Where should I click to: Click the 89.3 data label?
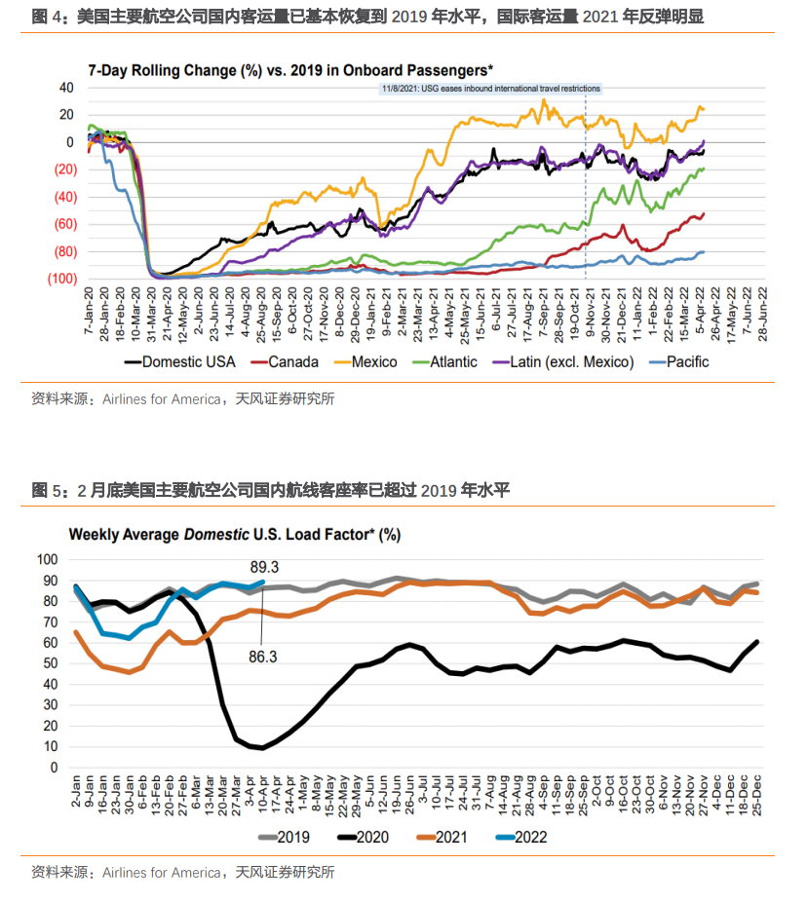pyautogui.click(x=264, y=567)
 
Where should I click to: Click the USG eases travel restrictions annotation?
pyautogui.click(x=489, y=89)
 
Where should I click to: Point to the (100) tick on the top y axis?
pyautogui.click(x=60, y=279)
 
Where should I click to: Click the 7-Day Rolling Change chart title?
pyautogui.click(x=289, y=70)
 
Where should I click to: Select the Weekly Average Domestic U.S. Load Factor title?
pyautogui.click(x=234, y=534)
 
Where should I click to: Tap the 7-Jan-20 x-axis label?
pyautogui.click(x=88, y=311)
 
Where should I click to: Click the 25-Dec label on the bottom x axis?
pyautogui.click(x=756, y=797)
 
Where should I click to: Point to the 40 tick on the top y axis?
pyautogui.click(x=66, y=88)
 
